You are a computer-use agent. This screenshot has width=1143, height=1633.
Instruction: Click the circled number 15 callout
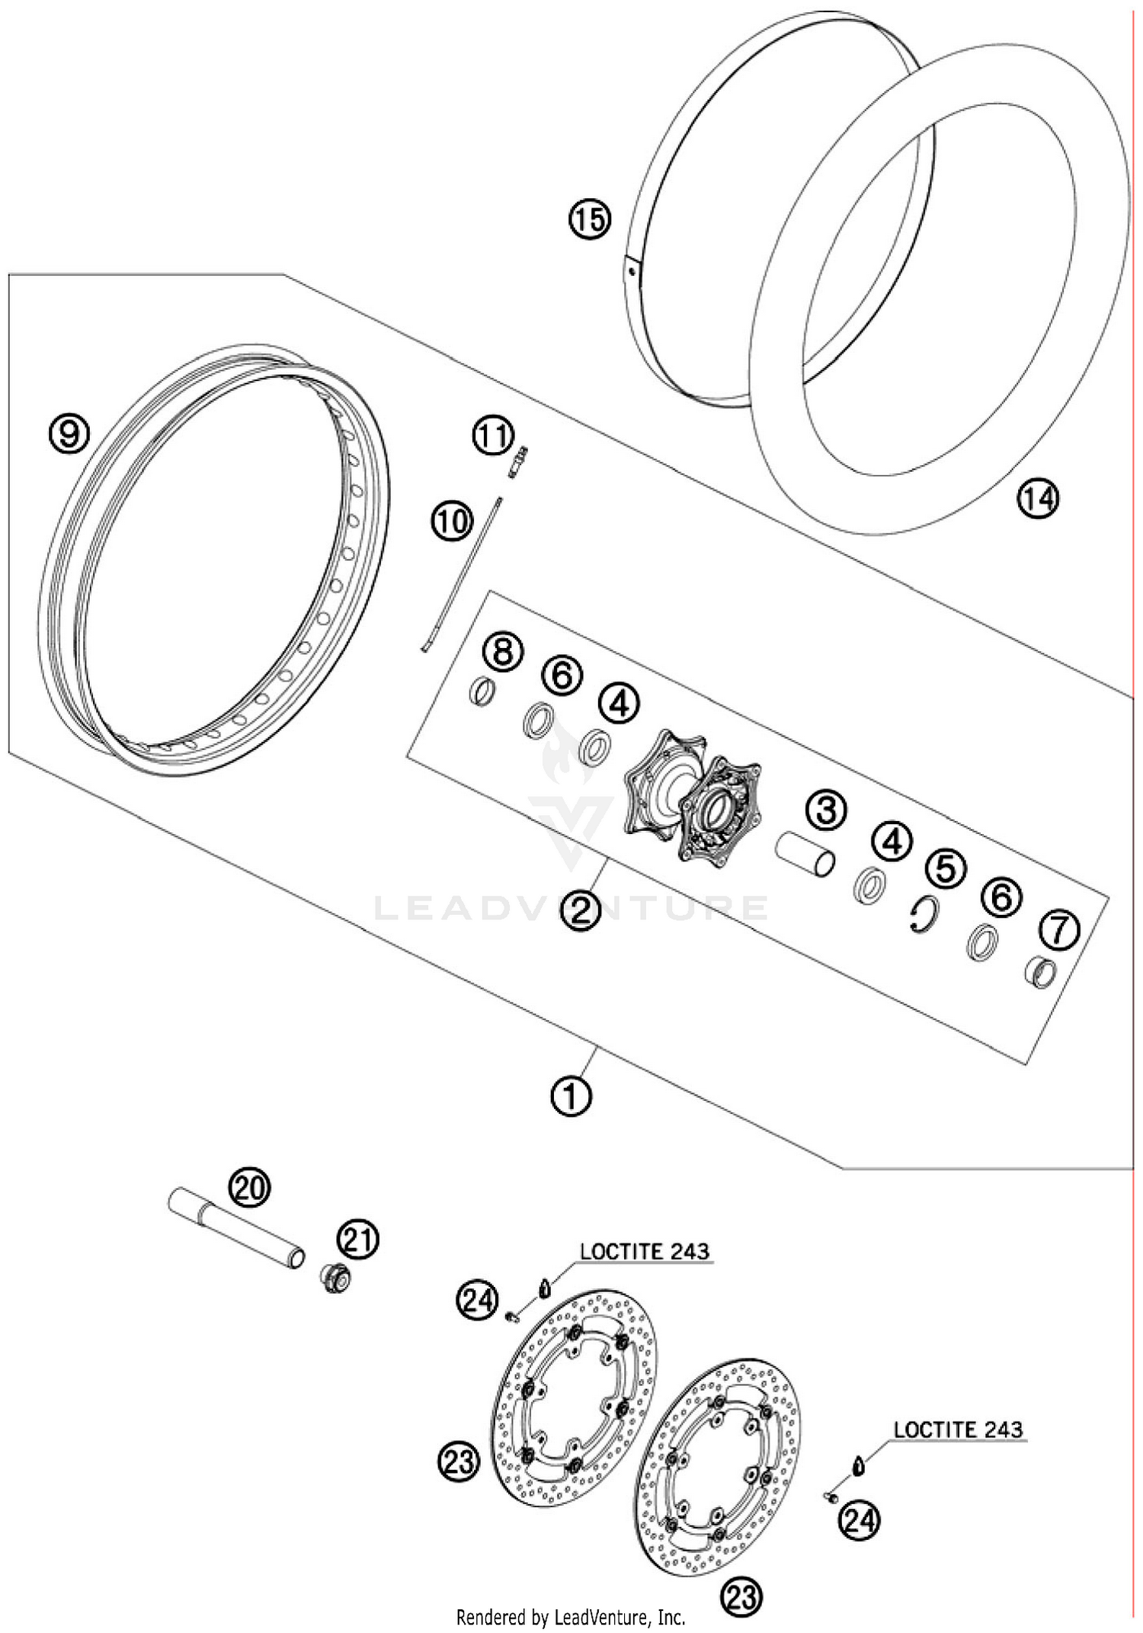tap(590, 220)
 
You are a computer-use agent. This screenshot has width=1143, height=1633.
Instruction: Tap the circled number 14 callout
tap(1038, 499)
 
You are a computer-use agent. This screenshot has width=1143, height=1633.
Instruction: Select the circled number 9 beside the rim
tap(69, 434)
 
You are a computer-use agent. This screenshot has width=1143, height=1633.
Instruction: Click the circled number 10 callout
tap(453, 522)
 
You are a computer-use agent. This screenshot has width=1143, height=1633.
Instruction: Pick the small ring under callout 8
tap(482, 691)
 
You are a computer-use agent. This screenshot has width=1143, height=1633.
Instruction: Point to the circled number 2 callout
tap(581, 909)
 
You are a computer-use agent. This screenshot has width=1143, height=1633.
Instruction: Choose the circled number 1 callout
tap(571, 1096)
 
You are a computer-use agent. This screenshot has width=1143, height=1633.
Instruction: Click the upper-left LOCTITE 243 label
tap(644, 1251)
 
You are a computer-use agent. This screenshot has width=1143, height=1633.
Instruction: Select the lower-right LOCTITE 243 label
tap(958, 1429)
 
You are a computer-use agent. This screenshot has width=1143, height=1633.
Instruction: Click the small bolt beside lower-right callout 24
tap(831, 1497)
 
